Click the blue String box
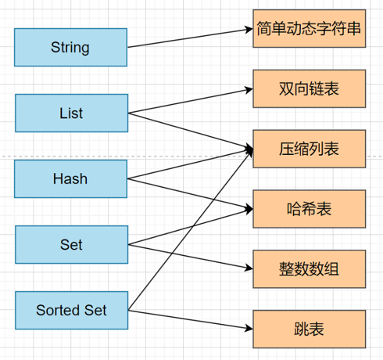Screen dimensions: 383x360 [70, 47]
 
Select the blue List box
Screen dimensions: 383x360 [71, 113]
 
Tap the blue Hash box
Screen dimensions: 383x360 [70, 178]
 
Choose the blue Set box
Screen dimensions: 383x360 [71, 244]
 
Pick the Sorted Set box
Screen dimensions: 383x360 [71, 310]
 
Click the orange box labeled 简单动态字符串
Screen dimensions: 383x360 [309, 28]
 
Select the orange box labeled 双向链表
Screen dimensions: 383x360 [309, 88]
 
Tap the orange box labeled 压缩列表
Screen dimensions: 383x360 [309, 149]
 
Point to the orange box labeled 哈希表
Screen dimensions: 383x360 [309, 209]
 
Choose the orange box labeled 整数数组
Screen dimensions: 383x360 [309, 269]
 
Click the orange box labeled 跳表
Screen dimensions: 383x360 [309, 329]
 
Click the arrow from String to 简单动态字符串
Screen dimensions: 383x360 [190, 38]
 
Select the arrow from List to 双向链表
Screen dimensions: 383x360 [191, 101]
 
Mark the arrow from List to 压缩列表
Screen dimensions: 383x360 [191, 131]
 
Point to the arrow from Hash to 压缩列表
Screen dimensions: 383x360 [190, 164]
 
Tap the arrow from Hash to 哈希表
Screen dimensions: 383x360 [190, 194]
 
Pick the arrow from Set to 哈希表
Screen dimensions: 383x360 [191, 227]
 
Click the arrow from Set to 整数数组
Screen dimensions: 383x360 [191, 257]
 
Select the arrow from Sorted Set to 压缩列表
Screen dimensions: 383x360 [191, 229]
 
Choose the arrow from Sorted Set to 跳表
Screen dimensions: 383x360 [191, 319]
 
